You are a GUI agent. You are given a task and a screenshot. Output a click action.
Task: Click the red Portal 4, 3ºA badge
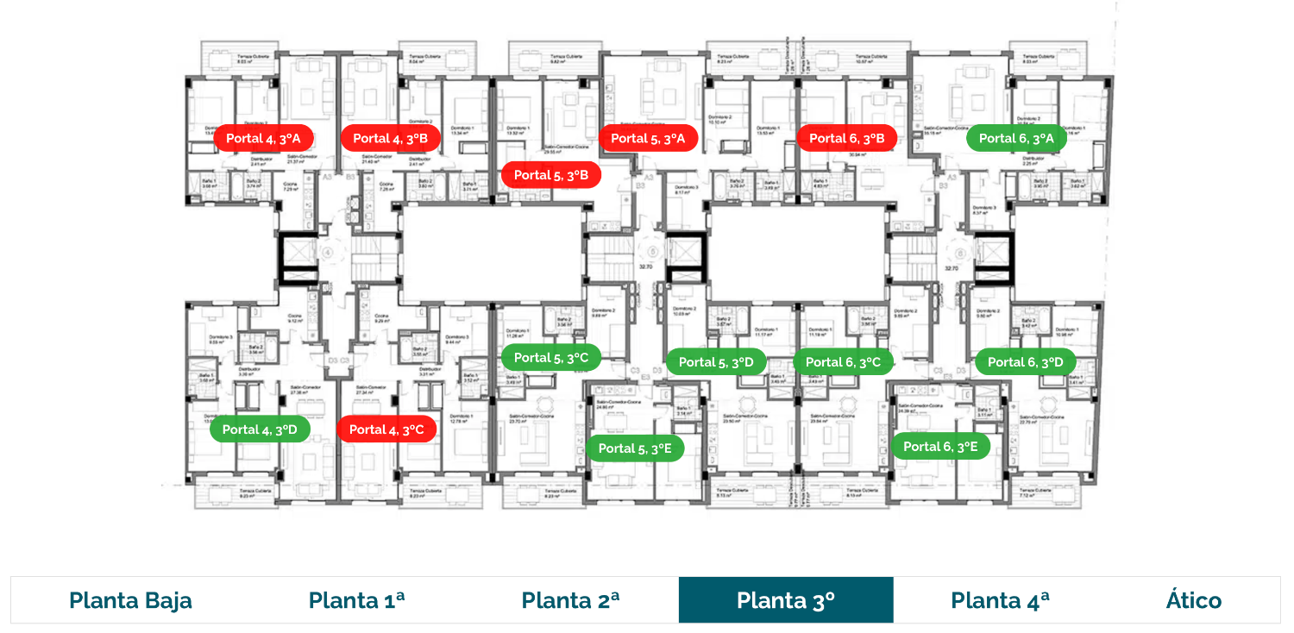263,138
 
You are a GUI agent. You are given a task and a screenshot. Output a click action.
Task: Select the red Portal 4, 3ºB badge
391,138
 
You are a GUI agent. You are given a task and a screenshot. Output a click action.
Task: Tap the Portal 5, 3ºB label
551,175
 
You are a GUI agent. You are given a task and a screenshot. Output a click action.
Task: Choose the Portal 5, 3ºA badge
648,138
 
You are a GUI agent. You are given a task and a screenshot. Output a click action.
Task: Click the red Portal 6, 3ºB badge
847,138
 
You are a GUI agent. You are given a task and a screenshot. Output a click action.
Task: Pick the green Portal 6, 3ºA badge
1016,138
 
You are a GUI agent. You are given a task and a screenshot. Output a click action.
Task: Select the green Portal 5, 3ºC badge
551,358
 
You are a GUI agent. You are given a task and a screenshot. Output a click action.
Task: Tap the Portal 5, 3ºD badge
716,362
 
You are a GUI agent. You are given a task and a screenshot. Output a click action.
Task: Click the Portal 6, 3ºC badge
843,362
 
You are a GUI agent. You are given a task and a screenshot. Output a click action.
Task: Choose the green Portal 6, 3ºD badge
1026,362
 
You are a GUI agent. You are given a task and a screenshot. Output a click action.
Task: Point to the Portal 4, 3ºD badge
260,429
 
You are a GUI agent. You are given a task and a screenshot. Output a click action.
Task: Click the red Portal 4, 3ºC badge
386,429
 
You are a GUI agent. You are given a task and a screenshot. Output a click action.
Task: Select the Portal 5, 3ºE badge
635,448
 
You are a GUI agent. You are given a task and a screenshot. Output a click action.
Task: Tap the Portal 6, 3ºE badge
940,447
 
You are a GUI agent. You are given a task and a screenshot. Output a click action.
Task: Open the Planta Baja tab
130,600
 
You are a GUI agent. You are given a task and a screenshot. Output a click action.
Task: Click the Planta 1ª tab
356,600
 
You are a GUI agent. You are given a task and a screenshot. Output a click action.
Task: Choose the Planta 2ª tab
570,600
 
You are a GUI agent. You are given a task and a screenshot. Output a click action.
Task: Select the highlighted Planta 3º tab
786,600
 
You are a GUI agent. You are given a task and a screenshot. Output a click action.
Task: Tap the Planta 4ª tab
1000,600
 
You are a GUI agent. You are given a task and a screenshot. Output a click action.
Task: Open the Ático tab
1193,600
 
